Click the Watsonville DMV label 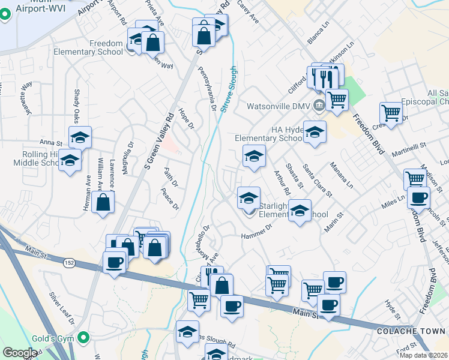[x=280, y=106]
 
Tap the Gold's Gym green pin [x=85, y=338]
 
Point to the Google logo [x=20, y=353]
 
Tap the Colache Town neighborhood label [x=411, y=331]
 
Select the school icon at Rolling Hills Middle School [x=70, y=160]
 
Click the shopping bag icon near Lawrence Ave [x=103, y=202]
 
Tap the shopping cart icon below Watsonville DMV [x=337, y=99]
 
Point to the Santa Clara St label [x=318, y=180]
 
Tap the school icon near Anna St [x=80, y=137]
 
